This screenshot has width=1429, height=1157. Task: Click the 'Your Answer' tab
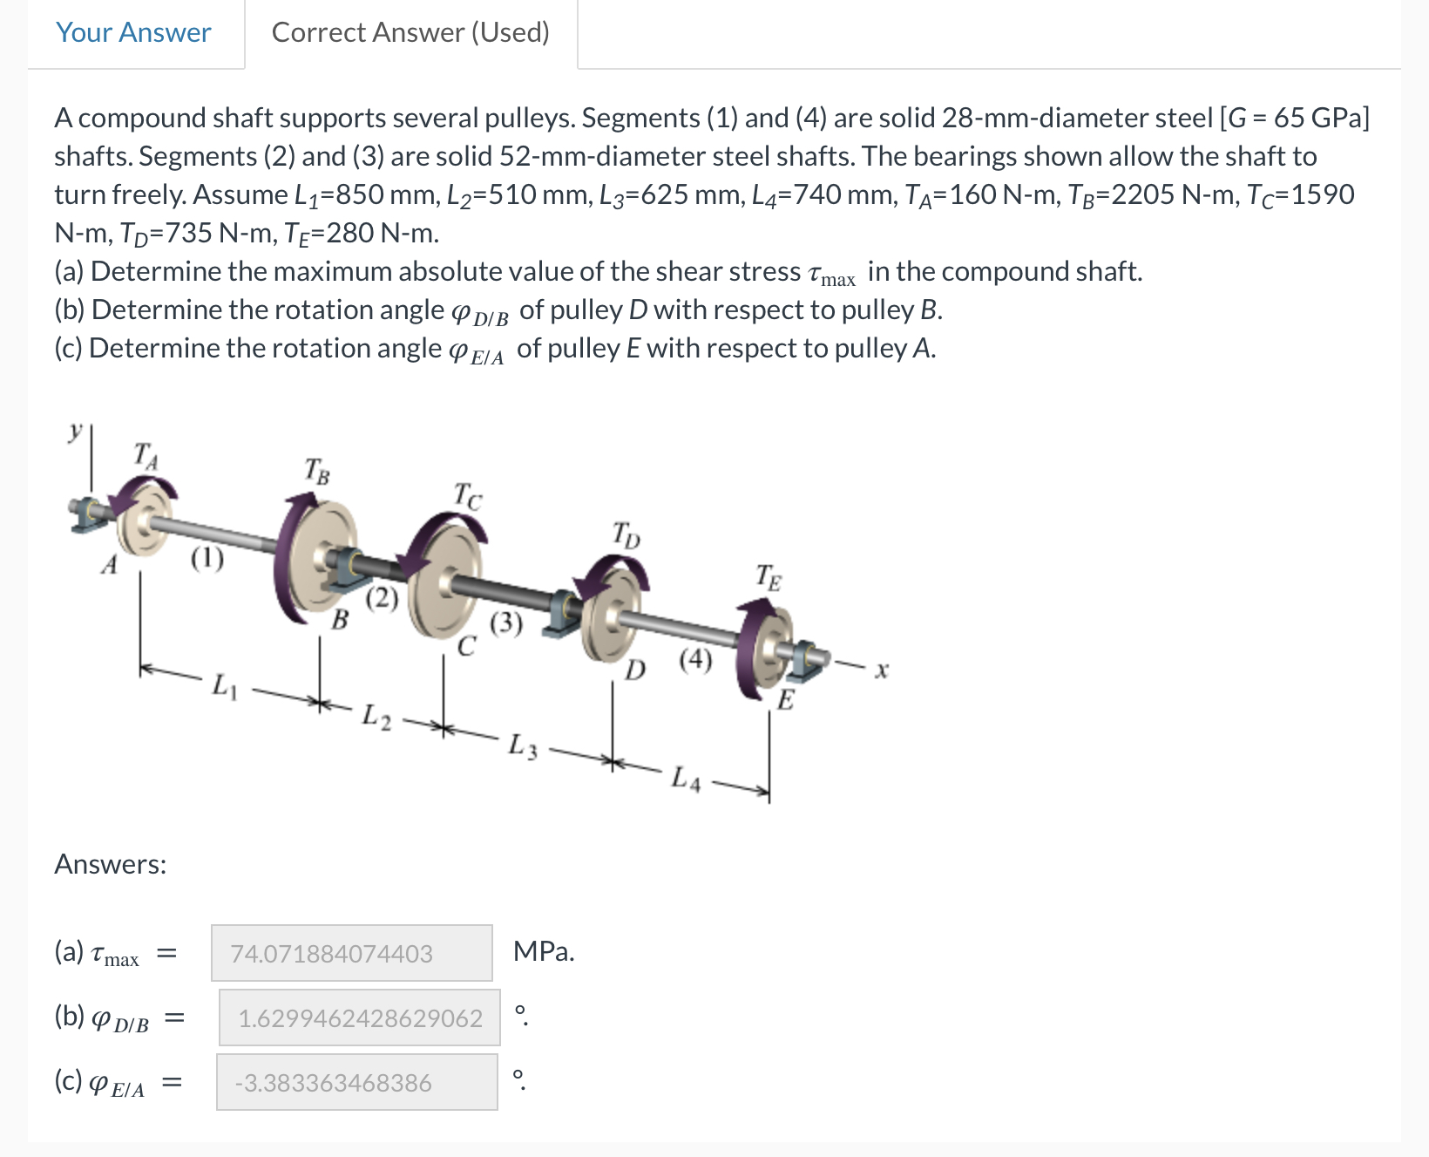point(133,33)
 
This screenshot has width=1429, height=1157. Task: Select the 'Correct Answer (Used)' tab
point(410,33)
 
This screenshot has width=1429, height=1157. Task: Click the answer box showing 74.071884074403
point(351,953)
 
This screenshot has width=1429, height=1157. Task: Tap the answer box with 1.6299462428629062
point(359,1017)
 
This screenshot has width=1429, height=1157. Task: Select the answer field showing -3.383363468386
point(356,1082)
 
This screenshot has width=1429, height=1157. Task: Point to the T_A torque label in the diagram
point(146,455)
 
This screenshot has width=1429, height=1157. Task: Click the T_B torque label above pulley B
point(317,471)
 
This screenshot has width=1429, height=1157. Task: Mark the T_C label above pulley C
point(468,495)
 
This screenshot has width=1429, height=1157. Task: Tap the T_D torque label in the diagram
point(626,534)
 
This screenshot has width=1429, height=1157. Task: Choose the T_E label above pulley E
point(769,577)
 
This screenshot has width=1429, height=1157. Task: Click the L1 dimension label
point(224,685)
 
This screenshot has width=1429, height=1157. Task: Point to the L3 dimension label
point(523,746)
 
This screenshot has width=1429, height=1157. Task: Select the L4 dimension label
point(686,779)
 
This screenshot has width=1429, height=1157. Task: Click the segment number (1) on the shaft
point(207,557)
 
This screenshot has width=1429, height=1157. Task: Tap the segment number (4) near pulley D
point(695,659)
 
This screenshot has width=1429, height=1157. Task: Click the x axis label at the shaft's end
point(882,670)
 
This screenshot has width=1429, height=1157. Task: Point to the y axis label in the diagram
point(77,431)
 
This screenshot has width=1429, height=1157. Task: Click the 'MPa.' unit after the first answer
point(544,951)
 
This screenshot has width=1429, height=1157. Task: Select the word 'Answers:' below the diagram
point(111,864)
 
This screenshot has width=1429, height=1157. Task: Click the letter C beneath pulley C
point(467,646)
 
